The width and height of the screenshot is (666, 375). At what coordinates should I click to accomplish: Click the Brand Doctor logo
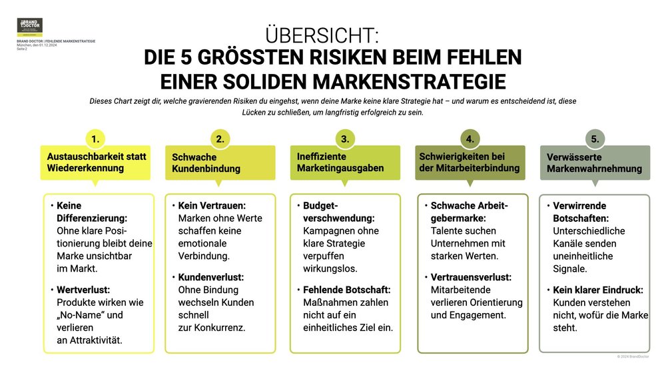[x=30, y=27]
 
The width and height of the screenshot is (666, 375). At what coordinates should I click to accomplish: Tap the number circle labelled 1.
[x=96, y=139]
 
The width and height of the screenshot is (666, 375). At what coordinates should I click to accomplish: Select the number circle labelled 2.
[x=220, y=139]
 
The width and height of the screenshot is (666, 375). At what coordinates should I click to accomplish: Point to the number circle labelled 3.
[x=345, y=139]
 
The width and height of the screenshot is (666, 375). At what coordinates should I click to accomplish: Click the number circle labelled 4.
[x=470, y=139]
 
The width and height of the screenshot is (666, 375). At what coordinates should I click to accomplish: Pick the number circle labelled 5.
[x=595, y=139]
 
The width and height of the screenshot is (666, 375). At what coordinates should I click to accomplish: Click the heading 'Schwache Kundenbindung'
[x=206, y=163]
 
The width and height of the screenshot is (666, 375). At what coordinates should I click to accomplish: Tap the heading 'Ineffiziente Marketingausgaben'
[x=340, y=163]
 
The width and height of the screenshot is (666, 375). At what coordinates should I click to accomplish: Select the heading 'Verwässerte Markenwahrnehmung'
[x=594, y=163]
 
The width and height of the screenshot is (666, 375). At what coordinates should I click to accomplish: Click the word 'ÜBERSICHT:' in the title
[x=322, y=35]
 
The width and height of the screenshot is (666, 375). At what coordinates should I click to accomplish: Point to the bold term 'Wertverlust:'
[x=83, y=290]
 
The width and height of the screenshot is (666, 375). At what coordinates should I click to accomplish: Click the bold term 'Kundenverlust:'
[x=211, y=277]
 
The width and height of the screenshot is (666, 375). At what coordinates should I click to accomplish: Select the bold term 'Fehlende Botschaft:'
[x=346, y=290]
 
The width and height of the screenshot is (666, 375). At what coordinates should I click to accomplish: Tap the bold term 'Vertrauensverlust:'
[x=471, y=277]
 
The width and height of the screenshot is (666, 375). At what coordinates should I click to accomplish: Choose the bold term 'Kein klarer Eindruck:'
[x=597, y=290]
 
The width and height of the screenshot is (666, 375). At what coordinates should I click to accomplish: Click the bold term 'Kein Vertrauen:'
[x=212, y=206]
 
